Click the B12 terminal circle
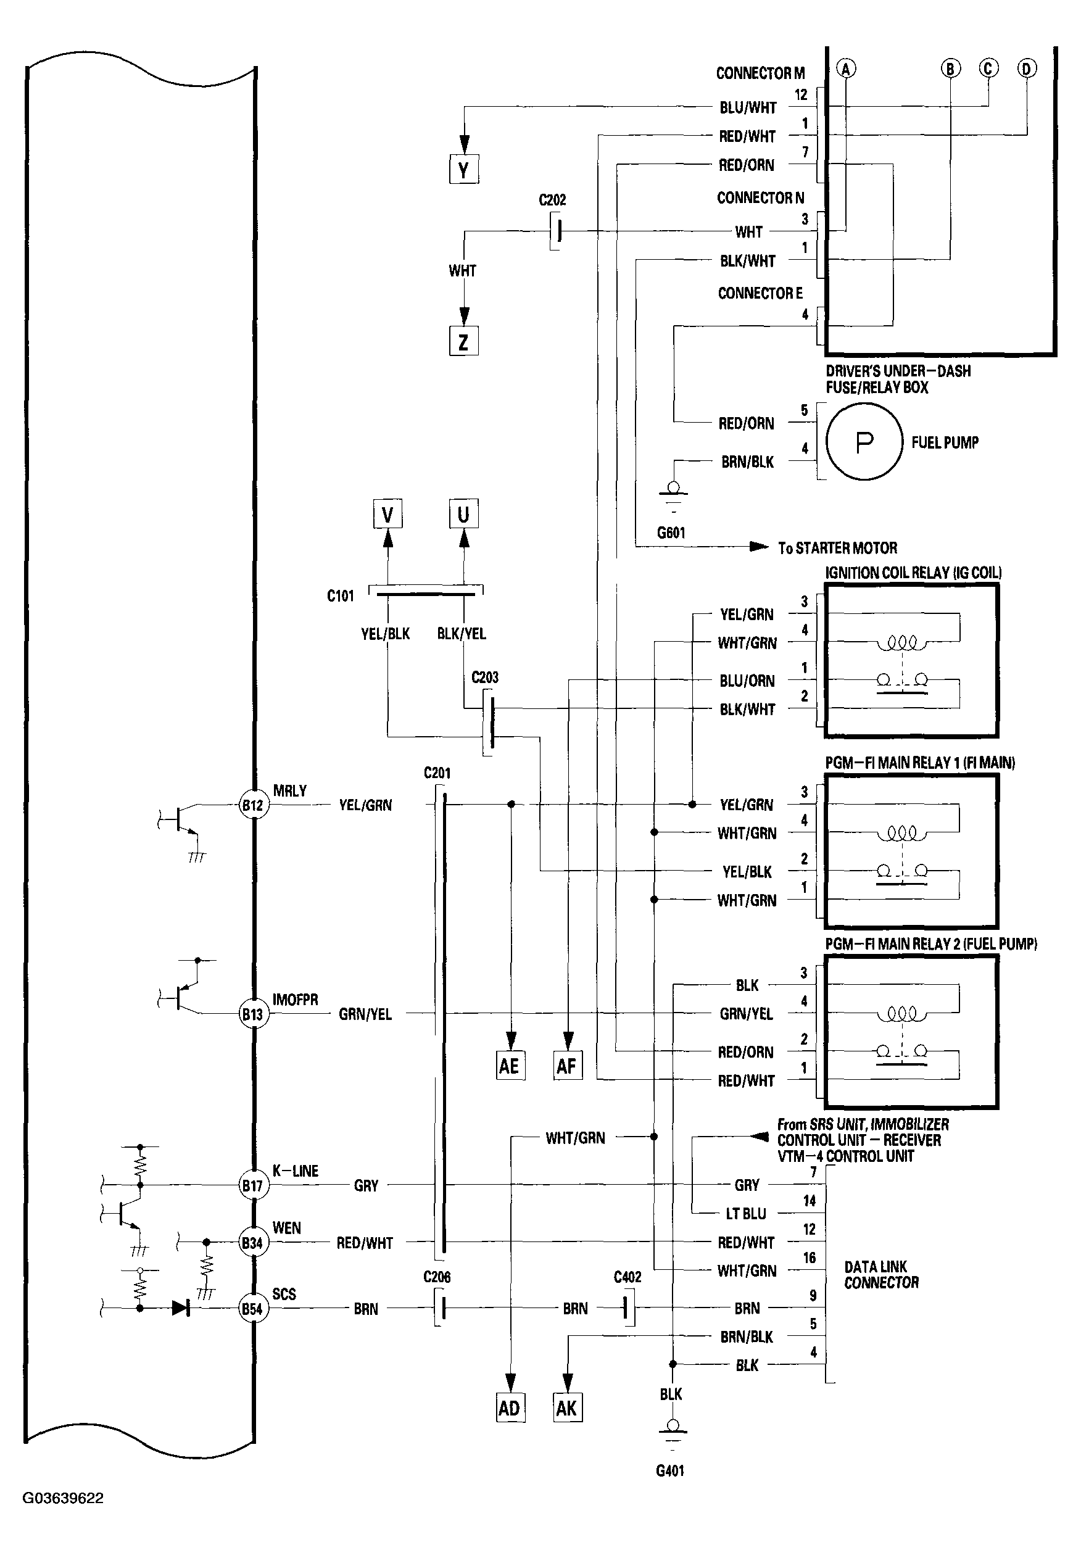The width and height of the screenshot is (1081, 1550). [252, 805]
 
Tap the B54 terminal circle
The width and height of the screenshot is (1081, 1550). [252, 1309]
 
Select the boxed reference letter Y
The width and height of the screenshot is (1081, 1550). [464, 170]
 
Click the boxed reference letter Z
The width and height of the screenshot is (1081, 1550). [464, 341]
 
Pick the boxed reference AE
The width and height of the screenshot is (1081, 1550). [510, 1066]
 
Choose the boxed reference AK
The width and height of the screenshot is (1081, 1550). [567, 1408]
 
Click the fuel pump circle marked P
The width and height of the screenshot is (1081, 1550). [864, 442]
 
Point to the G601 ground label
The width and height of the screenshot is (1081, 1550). [671, 533]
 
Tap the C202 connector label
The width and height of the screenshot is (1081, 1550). [552, 200]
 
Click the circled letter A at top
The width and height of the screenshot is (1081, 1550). [846, 69]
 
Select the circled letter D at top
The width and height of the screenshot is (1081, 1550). [1027, 69]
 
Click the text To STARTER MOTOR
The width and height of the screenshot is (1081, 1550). [837, 548]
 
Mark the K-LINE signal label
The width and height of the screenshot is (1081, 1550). [295, 1171]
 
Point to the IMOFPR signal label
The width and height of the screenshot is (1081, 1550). [295, 1000]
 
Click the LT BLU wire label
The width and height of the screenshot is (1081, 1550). [746, 1214]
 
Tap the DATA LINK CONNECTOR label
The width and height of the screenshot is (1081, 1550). [881, 1275]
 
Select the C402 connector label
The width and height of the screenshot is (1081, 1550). [627, 1277]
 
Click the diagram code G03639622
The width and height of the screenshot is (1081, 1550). [64, 1499]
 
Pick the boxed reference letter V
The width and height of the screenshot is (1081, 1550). [387, 515]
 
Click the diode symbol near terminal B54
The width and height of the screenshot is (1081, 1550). [180, 1309]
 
